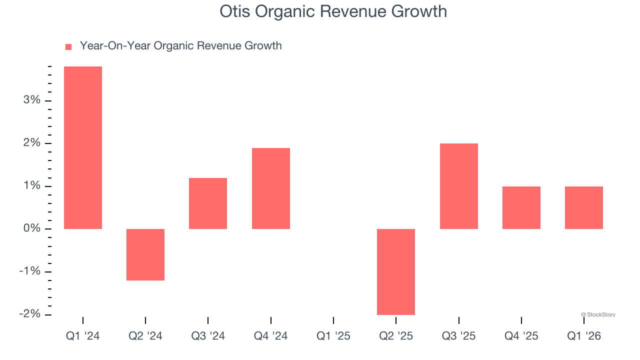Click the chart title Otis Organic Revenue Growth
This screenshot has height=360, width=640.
333,11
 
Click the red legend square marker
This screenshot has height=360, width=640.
68,46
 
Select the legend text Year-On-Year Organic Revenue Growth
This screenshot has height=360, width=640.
180,46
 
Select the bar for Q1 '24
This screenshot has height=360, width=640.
83,147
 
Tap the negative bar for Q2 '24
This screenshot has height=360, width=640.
145,254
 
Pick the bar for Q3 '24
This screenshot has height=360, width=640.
208,203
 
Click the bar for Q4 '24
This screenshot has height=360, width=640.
270,188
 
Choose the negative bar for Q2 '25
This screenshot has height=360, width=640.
396,271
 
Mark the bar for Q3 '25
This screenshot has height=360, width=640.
458,186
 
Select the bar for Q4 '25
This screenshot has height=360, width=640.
521,207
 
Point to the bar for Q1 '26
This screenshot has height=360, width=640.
583,207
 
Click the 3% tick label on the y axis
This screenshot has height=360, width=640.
31,100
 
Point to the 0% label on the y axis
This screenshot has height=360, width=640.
31,228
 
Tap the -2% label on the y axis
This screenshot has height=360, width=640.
29,314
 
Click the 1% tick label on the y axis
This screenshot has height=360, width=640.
31,186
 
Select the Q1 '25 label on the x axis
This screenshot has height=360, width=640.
333,336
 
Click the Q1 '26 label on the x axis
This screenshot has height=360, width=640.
583,336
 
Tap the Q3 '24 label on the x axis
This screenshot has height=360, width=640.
208,336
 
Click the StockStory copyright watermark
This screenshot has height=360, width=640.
598,314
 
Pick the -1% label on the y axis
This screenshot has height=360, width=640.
29,271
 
